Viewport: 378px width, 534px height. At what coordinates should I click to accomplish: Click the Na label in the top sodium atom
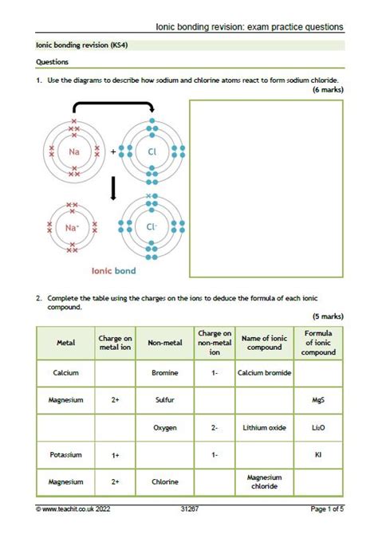(73, 151)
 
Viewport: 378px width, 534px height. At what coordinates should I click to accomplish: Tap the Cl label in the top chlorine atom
(152, 151)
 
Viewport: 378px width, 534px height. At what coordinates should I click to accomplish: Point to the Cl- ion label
(152, 226)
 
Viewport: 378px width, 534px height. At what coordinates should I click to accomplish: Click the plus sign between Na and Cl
(113, 151)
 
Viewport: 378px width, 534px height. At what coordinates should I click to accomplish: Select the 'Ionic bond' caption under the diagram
(113, 271)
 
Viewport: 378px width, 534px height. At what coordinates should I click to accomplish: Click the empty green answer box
(266, 188)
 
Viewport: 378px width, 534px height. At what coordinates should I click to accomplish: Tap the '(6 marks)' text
(328, 91)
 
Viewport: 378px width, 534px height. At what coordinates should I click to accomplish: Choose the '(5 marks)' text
(328, 316)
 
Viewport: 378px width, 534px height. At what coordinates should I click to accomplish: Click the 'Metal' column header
(65, 344)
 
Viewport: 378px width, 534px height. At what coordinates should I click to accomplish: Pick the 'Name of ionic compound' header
(264, 344)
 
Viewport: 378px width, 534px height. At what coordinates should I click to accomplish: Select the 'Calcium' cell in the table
(65, 373)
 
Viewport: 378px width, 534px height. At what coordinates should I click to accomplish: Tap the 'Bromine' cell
(165, 373)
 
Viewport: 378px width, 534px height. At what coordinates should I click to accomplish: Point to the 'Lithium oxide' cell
(264, 428)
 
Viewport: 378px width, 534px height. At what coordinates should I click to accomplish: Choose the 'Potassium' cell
(65, 455)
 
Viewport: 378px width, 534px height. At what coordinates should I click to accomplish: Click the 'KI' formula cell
(318, 455)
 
